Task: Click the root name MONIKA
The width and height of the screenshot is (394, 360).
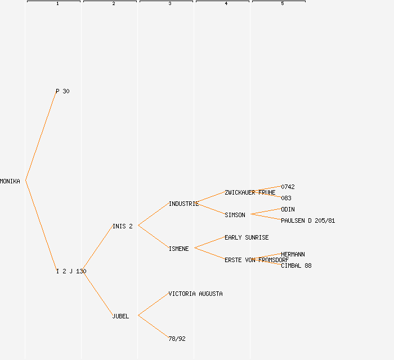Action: [10, 181]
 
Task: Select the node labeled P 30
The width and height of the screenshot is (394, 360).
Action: [62, 91]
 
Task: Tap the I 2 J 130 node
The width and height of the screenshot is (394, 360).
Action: [71, 271]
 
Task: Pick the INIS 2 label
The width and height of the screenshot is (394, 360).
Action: [123, 226]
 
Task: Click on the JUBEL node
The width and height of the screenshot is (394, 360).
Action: [120, 316]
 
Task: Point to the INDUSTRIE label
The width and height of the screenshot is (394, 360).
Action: [183, 204]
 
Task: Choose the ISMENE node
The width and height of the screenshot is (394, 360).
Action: [178, 249]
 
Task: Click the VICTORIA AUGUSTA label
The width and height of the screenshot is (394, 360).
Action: [195, 294]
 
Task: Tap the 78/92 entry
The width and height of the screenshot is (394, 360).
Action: [177, 339]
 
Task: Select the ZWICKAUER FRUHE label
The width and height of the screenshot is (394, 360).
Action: [250, 192]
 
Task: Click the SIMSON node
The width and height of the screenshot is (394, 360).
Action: [235, 215]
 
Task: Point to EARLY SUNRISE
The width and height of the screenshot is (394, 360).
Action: [247, 237]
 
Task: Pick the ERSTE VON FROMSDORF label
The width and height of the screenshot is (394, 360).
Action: [256, 260]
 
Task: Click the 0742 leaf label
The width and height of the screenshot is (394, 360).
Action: [288, 187]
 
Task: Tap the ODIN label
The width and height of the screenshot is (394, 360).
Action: [288, 209]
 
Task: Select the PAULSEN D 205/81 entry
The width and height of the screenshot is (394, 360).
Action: [308, 220]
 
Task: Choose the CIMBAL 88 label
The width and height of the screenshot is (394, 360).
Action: [296, 265]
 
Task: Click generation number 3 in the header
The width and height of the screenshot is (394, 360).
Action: [170, 4]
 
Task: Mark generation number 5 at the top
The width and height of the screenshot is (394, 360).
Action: [283, 4]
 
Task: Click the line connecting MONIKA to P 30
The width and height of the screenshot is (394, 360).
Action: [41, 136]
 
